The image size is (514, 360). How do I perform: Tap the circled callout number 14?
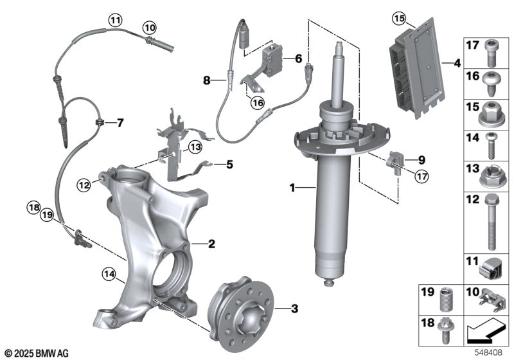pyautogui.click(x=109, y=275)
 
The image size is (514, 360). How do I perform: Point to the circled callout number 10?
pyautogui.click(x=149, y=28)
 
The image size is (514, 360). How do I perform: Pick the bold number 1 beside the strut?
pyautogui.click(x=292, y=188)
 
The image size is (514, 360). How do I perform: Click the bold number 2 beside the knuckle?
pyautogui.click(x=211, y=244)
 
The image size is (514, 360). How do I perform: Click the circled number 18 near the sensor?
pyautogui.click(x=34, y=206)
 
